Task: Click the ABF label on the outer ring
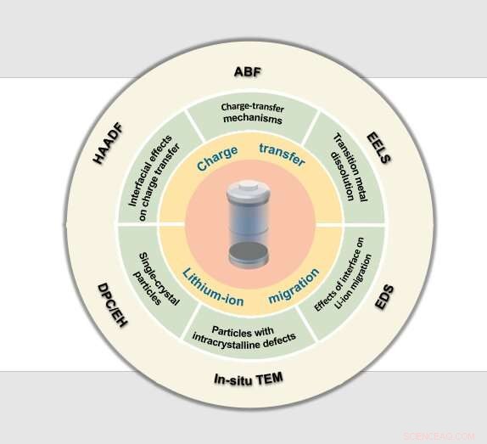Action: coord(248,72)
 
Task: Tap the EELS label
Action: coord(379,148)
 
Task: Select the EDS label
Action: coord(384,297)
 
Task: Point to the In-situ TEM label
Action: coord(249,379)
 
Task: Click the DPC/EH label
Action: coord(113,306)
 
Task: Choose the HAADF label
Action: coord(109,143)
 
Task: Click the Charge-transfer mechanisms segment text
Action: coord(253,114)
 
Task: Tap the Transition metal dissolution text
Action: coord(350,167)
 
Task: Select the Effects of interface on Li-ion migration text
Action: coord(343,274)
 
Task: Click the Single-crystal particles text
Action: coord(156,279)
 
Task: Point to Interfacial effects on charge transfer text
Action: coord(154,178)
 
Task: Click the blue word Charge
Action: coord(217,159)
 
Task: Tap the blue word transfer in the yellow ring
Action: coord(283,155)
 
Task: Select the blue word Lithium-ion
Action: coord(213,288)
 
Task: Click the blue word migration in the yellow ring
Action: coord(294,285)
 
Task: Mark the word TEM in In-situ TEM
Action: coord(269,378)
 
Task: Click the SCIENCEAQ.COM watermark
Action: coord(439,436)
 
